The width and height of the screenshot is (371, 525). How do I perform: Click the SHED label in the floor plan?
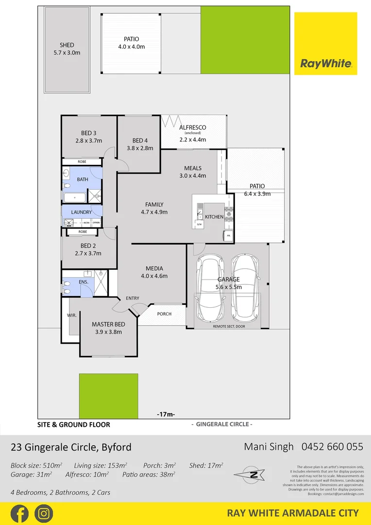pos(67,45)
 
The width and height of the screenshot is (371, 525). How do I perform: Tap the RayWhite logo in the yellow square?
pos(325,63)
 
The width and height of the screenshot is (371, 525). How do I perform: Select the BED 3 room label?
pos(88,134)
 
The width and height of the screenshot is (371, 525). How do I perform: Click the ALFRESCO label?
pos(193,128)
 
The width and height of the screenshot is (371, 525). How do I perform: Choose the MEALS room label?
pos(193,168)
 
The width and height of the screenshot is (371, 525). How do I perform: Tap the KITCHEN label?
pos(214,216)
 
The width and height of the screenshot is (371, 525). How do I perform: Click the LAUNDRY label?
pos(81,212)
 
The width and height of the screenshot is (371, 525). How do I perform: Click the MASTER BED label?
pos(109,324)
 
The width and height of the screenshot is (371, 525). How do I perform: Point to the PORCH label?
pos(164,314)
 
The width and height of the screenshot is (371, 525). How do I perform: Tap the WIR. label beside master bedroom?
pos(72,315)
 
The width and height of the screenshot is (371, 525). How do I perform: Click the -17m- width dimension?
pos(166,414)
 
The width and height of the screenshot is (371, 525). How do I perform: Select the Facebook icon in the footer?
pos(19,513)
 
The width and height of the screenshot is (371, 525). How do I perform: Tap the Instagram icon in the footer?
pos(44,513)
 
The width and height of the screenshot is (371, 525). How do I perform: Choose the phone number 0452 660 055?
pos(332,446)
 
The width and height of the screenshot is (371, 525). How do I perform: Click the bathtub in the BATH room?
pos(74,197)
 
